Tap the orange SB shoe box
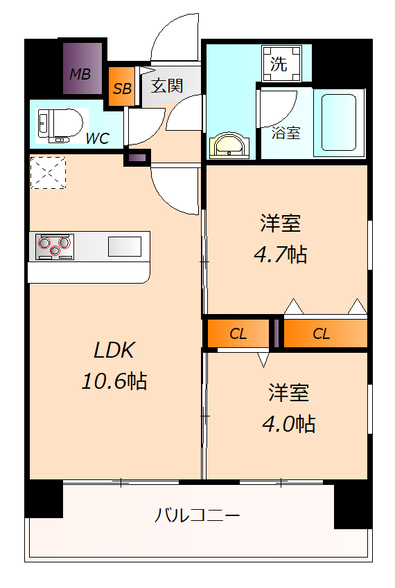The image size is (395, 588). (123, 89)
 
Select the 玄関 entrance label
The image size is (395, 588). (167, 86)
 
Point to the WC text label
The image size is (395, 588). (97, 138)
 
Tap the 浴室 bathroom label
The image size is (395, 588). (286, 133)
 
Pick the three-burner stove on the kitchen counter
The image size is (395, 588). (55, 246)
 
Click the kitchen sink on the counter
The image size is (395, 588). (125, 246)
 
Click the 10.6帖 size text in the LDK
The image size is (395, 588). (114, 380)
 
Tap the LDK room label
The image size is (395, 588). (114, 351)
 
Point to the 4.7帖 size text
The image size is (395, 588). (280, 255)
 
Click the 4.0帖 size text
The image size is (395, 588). (288, 423)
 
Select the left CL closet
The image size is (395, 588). (238, 334)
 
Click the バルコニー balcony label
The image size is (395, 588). (197, 515)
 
